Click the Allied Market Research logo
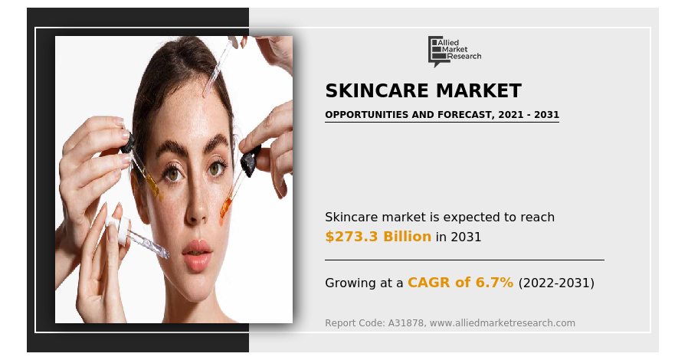point(454,51)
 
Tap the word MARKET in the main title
point(479,91)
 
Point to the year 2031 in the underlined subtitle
point(546,115)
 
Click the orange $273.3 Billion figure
point(378,237)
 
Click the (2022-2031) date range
point(556,283)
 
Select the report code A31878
point(406,323)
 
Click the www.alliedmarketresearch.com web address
point(503,323)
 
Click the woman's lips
point(197,254)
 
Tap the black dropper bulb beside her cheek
point(250,160)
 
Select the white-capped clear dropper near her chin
point(137,236)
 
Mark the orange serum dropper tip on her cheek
point(225,210)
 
